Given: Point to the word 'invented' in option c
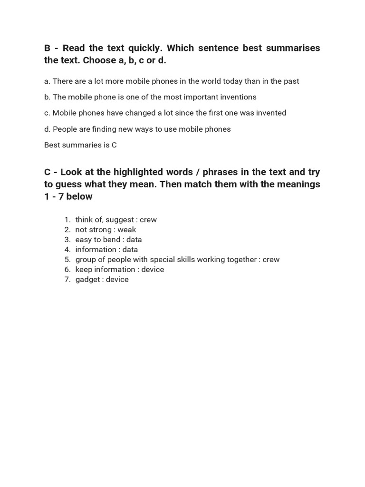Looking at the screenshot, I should point(268,113).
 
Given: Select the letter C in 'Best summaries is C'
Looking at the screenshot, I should point(114,145).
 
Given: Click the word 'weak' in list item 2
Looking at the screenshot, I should point(127,230).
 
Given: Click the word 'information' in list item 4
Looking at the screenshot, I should point(96,250).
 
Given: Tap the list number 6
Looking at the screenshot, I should point(67,270).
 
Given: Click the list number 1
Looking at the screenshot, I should point(67,220).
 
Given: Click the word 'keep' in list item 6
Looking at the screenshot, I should point(83,270).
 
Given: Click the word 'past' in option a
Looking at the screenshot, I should point(291,81).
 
